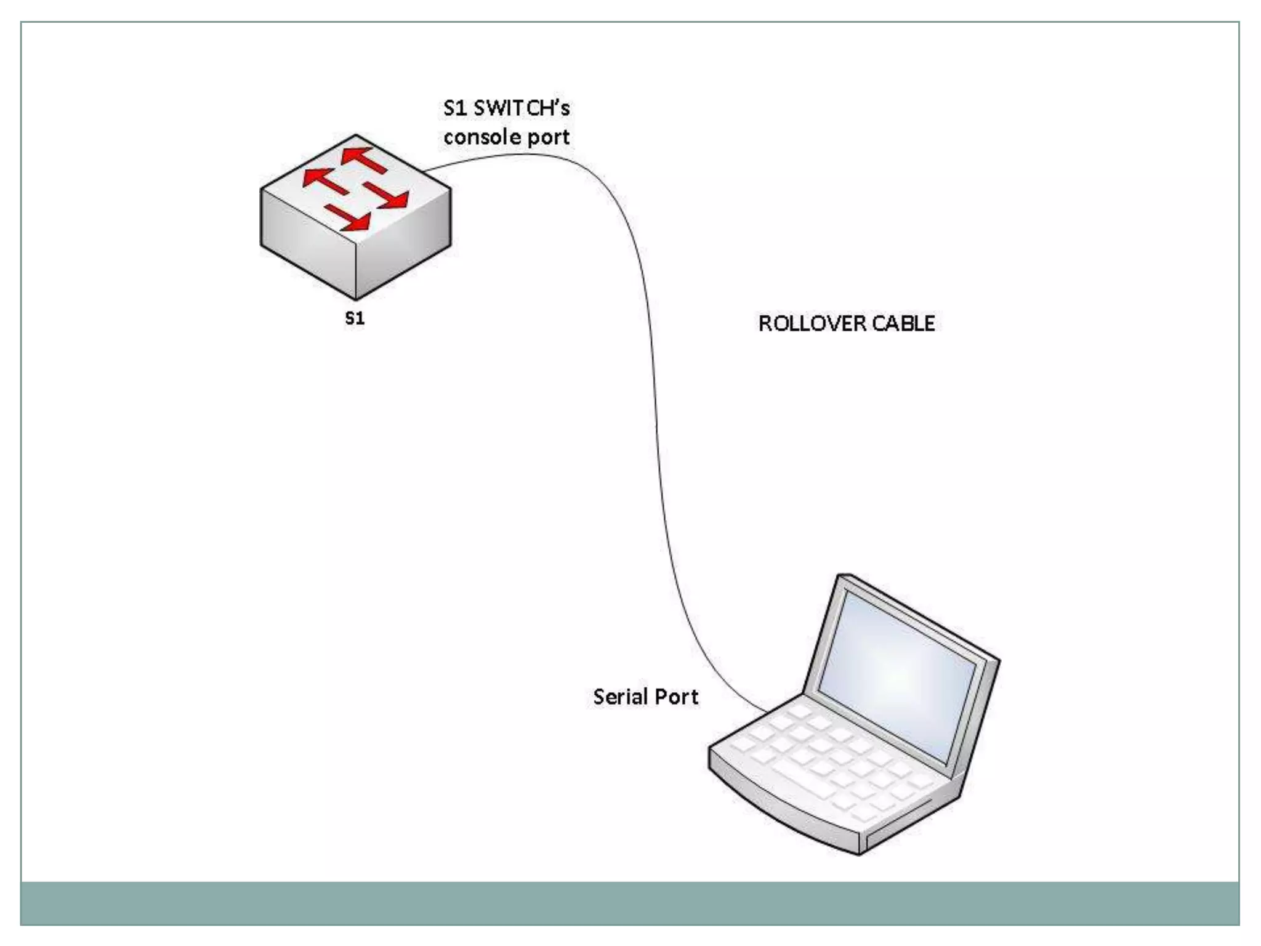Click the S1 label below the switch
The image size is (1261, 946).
[355, 318]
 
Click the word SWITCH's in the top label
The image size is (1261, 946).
[522, 108]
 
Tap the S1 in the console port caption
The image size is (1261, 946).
[455, 108]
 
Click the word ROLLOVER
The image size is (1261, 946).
[812, 323]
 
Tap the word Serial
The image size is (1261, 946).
[620, 697]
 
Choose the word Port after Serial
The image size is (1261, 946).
[676, 697]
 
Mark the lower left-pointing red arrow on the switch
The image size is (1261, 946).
[325, 180]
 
